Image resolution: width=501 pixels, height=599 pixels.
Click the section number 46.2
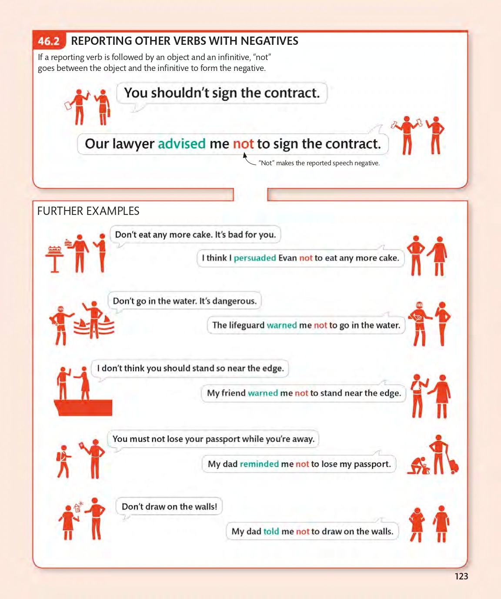coord(49,41)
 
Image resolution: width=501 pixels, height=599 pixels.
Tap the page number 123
coord(461,576)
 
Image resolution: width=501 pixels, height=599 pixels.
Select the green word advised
coord(181,144)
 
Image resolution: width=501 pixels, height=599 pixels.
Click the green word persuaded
coord(255,258)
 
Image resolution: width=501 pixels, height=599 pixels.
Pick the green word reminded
coord(259,464)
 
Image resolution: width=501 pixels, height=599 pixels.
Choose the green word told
coord(271,532)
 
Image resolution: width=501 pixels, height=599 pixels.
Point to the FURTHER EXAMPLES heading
coord(88,211)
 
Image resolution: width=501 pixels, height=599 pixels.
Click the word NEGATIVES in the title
coord(269,41)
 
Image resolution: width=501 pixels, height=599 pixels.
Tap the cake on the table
coord(54,250)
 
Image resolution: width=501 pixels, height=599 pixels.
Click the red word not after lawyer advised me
coord(243,144)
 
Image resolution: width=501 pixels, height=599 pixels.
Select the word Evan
coord(287,258)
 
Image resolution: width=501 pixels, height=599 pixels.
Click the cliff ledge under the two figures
coord(83,408)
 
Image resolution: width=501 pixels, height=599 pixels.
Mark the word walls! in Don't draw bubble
coord(206,507)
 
